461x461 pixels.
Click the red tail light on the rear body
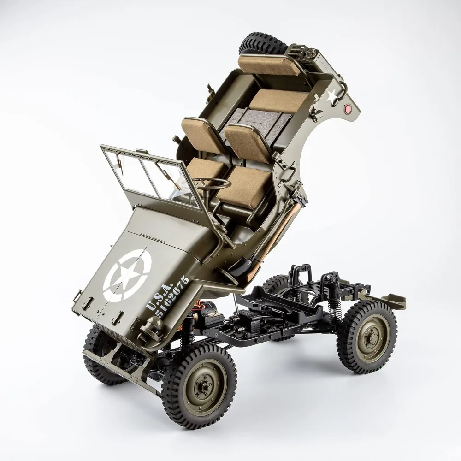[349, 109]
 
